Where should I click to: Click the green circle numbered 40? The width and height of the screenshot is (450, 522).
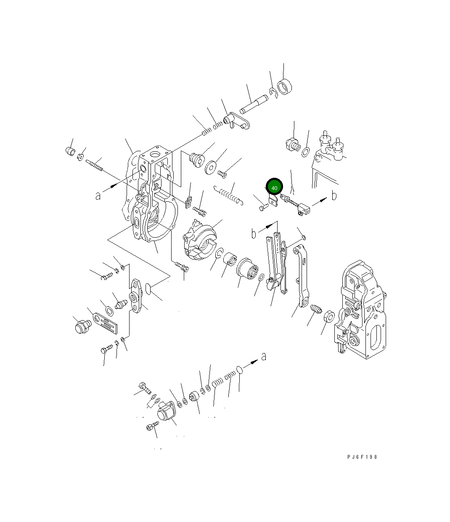pos(274,187)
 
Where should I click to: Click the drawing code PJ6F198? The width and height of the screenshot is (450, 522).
pos(362,457)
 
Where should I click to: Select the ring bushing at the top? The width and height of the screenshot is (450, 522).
pos(284,87)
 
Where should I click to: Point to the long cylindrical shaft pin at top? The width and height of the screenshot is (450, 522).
pos(254,104)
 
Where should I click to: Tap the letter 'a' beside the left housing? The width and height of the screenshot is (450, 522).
pos(98,196)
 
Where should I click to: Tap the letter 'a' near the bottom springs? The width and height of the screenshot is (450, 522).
pos(263,356)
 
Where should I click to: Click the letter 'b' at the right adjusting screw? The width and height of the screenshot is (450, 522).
pos(334,195)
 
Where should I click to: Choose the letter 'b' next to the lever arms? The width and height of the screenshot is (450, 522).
pos(254,233)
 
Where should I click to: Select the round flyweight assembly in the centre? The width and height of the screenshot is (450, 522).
pos(199,240)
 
